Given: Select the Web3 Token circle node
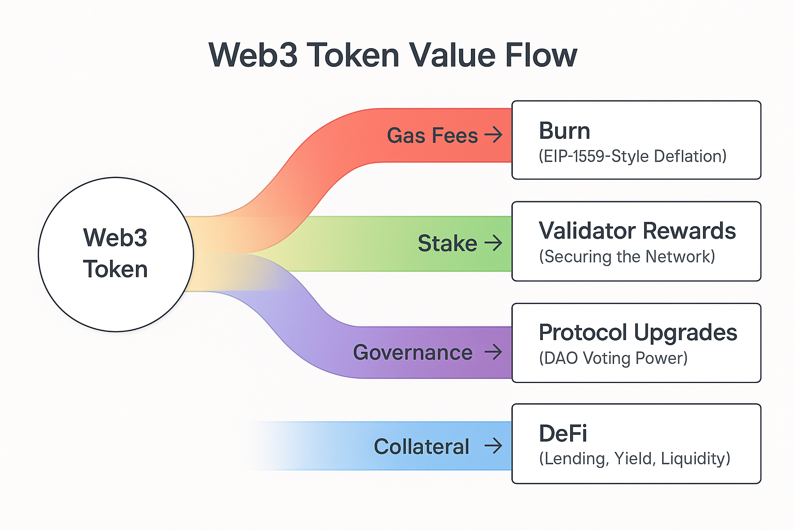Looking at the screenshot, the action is pos(116,255).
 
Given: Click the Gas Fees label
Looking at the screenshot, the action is pos(433,136).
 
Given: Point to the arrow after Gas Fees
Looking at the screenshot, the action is pos(494,135).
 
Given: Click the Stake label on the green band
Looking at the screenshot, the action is pos(447,244).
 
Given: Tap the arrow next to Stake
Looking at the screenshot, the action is pos(494,243).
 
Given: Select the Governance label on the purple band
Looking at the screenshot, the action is pos(413,352).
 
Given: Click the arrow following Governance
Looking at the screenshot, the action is pos(494,352).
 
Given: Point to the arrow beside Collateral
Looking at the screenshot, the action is pos(494,446).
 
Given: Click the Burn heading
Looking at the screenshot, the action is pos(564,130).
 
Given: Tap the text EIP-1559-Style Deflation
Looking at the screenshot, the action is pos(633,156).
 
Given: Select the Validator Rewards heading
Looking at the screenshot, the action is pos(637,231).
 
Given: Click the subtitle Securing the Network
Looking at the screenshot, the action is pos(627,256).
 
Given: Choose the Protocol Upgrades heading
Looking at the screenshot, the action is pos(638,333).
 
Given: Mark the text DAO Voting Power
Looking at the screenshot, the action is pos(613,358).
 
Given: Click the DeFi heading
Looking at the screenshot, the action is pos(563,433).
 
